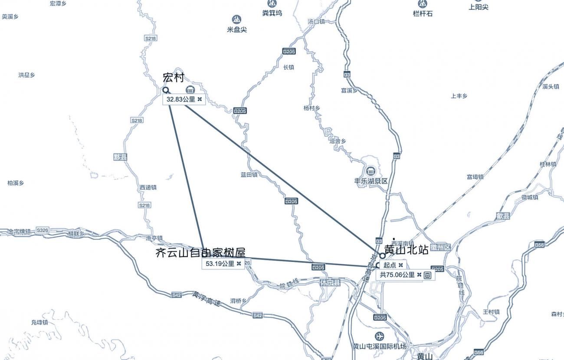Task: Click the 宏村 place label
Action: point(173,78)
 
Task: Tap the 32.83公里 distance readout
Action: point(180,99)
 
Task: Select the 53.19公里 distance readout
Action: point(220,263)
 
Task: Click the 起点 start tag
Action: point(390,265)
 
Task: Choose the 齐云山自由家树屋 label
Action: point(200,253)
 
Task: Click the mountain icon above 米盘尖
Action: point(236,20)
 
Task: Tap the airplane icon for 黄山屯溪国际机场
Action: point(379,336)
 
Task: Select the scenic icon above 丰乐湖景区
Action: point(371,171)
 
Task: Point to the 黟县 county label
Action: point(120,157)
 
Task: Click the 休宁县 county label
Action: point(330,282)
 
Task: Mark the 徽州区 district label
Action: point(441,247)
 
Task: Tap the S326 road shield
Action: point(43,230)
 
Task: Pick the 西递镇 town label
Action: point(148,187)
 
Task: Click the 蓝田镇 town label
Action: point(249,175)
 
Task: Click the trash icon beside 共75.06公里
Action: point(427,275)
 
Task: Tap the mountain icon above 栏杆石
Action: point(422,4)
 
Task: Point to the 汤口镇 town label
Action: point(316,21)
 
